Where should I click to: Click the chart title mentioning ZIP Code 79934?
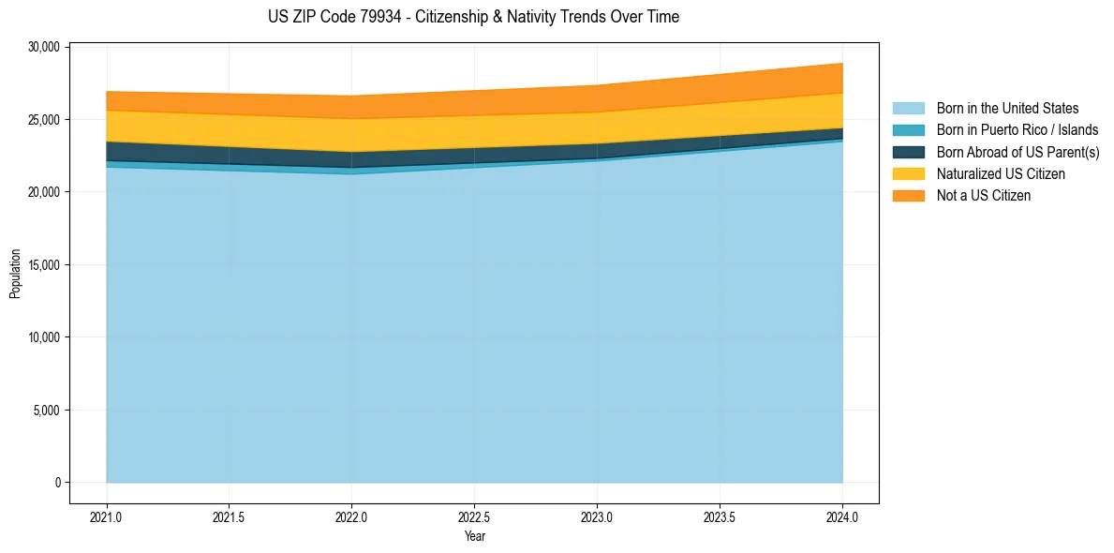pos(473,17)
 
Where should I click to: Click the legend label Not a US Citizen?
pos(983,195)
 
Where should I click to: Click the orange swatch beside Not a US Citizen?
pos(908,195)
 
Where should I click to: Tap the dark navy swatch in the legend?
pos(908,152)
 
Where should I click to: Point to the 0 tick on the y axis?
pos(56,483)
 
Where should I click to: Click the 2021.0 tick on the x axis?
pos(106,516)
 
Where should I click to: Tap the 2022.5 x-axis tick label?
pos(474,516)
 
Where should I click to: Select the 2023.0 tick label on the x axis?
pos(597,516)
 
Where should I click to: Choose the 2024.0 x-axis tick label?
pos(842,516)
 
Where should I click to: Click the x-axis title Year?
pos(474,536)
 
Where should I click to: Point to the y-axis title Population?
pos(15,274)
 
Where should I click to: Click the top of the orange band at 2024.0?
pos(842,64)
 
